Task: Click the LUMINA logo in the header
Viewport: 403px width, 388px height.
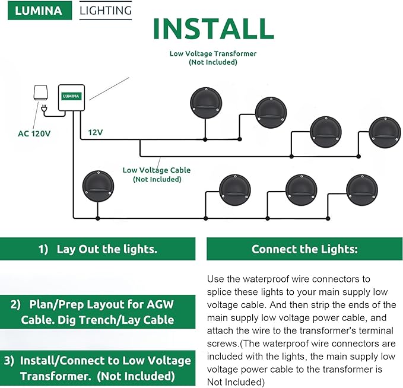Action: click(40, 11)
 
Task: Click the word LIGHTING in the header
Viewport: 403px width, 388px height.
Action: click(105, 11)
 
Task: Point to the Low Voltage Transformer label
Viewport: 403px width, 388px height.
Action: click(212, 58)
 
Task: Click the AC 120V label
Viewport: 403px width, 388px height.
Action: click(34, 133)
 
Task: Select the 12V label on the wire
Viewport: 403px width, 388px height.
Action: click(96, 132)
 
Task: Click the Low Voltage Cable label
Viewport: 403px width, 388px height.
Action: click(157, 174)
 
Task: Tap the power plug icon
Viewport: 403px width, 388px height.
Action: click(45, 107)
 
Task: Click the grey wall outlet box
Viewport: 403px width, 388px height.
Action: click(40, 93)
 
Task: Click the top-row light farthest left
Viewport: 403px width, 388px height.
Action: click(204, 103)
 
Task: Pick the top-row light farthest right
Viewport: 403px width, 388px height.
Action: click(385, 132)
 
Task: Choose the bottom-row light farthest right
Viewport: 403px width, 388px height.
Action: click(362, 190)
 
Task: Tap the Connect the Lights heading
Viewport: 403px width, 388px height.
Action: click(304, 249)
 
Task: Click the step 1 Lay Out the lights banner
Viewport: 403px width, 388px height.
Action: click(97, 249)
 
